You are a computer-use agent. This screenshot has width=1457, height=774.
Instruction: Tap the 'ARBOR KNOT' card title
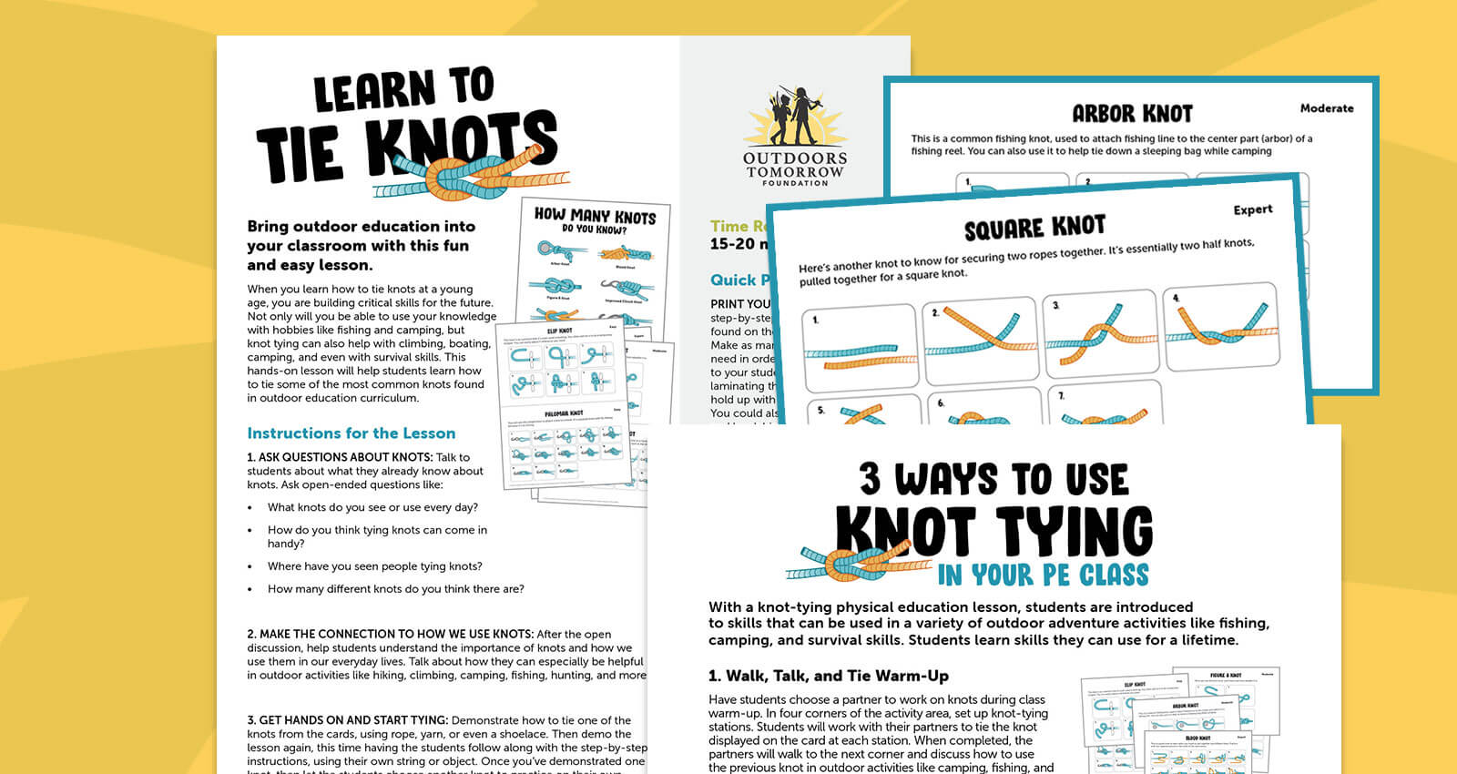pyautogui.click(x=1132, y=114)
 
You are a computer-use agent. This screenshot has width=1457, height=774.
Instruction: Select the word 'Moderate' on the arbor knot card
pyautogui.click(x=1326, y=108)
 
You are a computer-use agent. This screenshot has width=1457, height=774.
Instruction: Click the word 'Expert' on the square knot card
pyautogui.click(x=1252, y=209)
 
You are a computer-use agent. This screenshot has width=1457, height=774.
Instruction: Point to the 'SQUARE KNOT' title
pyautogui.click(x=1034, y=228)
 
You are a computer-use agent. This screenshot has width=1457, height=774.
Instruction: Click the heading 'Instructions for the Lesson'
pyautogui.click(x=351, y=433)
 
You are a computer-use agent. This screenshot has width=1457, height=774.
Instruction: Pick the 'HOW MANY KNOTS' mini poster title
pyautogui.click(x=595, y=216)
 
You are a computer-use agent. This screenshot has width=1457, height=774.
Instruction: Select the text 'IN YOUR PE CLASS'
pyautogui.click(x=1043, y=575)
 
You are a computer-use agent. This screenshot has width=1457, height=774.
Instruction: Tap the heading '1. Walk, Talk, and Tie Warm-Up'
pyautogui.click(x=828, y=676)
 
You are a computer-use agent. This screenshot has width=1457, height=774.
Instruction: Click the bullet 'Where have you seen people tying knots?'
pyautogui.click(x=374, y=566)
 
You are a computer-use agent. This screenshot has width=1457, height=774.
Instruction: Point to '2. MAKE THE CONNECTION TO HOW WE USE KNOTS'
pyautogui.click(x=390, y=634)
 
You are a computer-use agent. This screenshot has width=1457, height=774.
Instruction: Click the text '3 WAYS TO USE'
pyautogui.click(x=993, y=479)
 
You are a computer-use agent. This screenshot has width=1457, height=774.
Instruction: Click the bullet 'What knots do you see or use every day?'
pyautogui.click(x=372, y=507)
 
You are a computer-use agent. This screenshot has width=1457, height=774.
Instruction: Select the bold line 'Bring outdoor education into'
pyautogui.click(x=361, y=227)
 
